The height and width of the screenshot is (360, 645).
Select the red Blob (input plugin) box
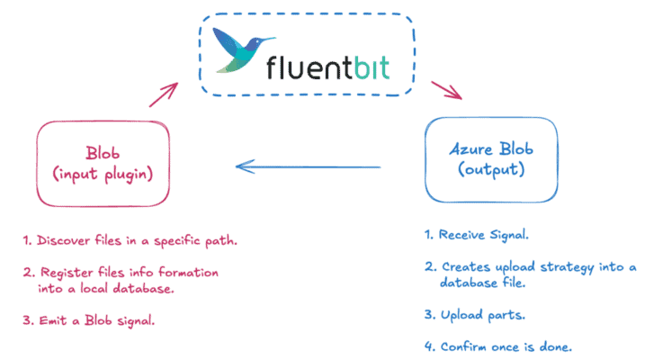pyautogui.click(x=103, y=163)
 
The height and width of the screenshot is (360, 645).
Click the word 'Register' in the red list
pyautogui.click(x=63, y=271)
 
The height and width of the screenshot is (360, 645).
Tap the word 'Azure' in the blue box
pyautogui.click(x=471, y=151)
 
